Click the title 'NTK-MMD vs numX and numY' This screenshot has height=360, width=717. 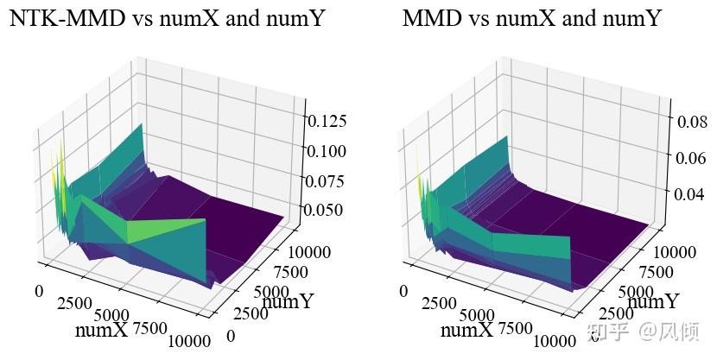pos(167,18)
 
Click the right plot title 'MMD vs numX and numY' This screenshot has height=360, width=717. pos(531,18)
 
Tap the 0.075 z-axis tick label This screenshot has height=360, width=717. pos(327,180)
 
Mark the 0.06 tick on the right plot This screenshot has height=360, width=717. pos(695,158)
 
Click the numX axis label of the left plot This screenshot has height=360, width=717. pos(101,330)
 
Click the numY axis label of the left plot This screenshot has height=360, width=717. pos(288,301)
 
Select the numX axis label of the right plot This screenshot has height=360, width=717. pos(466,330)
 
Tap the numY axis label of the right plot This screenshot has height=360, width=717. pos(653,301)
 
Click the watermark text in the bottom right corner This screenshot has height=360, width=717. pos(643,332)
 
